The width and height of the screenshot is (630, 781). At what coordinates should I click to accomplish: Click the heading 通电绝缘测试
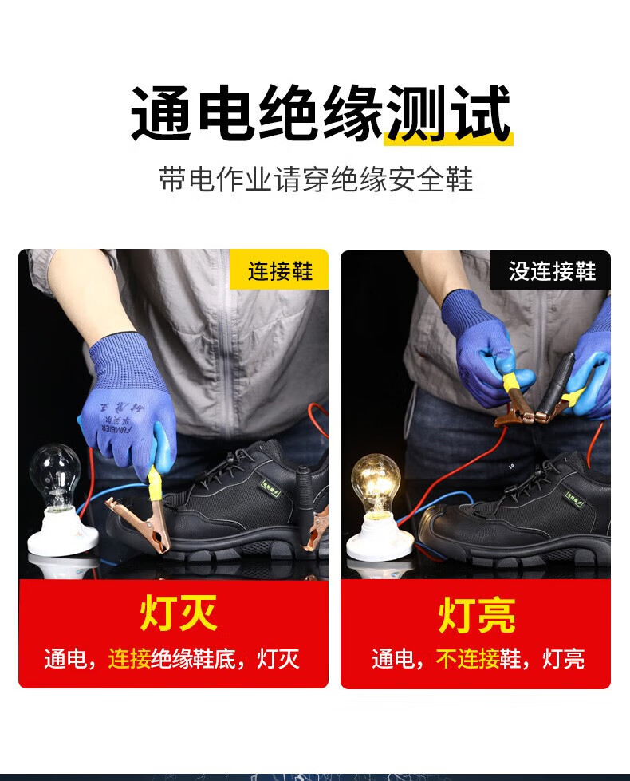coord(320,115)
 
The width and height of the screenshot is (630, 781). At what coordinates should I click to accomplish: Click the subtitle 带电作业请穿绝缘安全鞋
coord(316,179)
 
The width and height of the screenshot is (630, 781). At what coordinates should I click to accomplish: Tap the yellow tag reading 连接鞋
coord(279,270)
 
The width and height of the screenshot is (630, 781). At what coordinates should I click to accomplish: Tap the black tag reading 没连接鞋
coord(553,271)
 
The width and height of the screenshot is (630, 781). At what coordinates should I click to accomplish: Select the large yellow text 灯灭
coord(178,613)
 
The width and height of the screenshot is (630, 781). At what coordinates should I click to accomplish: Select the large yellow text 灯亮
coord(476,615)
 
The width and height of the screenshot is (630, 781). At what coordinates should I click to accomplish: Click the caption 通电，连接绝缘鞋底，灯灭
coord(172,659)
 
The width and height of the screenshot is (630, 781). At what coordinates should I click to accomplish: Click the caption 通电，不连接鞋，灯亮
coord(477,659)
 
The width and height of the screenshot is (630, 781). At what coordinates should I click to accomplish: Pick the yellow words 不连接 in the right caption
coord(467,659)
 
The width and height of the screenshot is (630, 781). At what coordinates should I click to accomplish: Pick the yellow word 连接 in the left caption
coord(129,659)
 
